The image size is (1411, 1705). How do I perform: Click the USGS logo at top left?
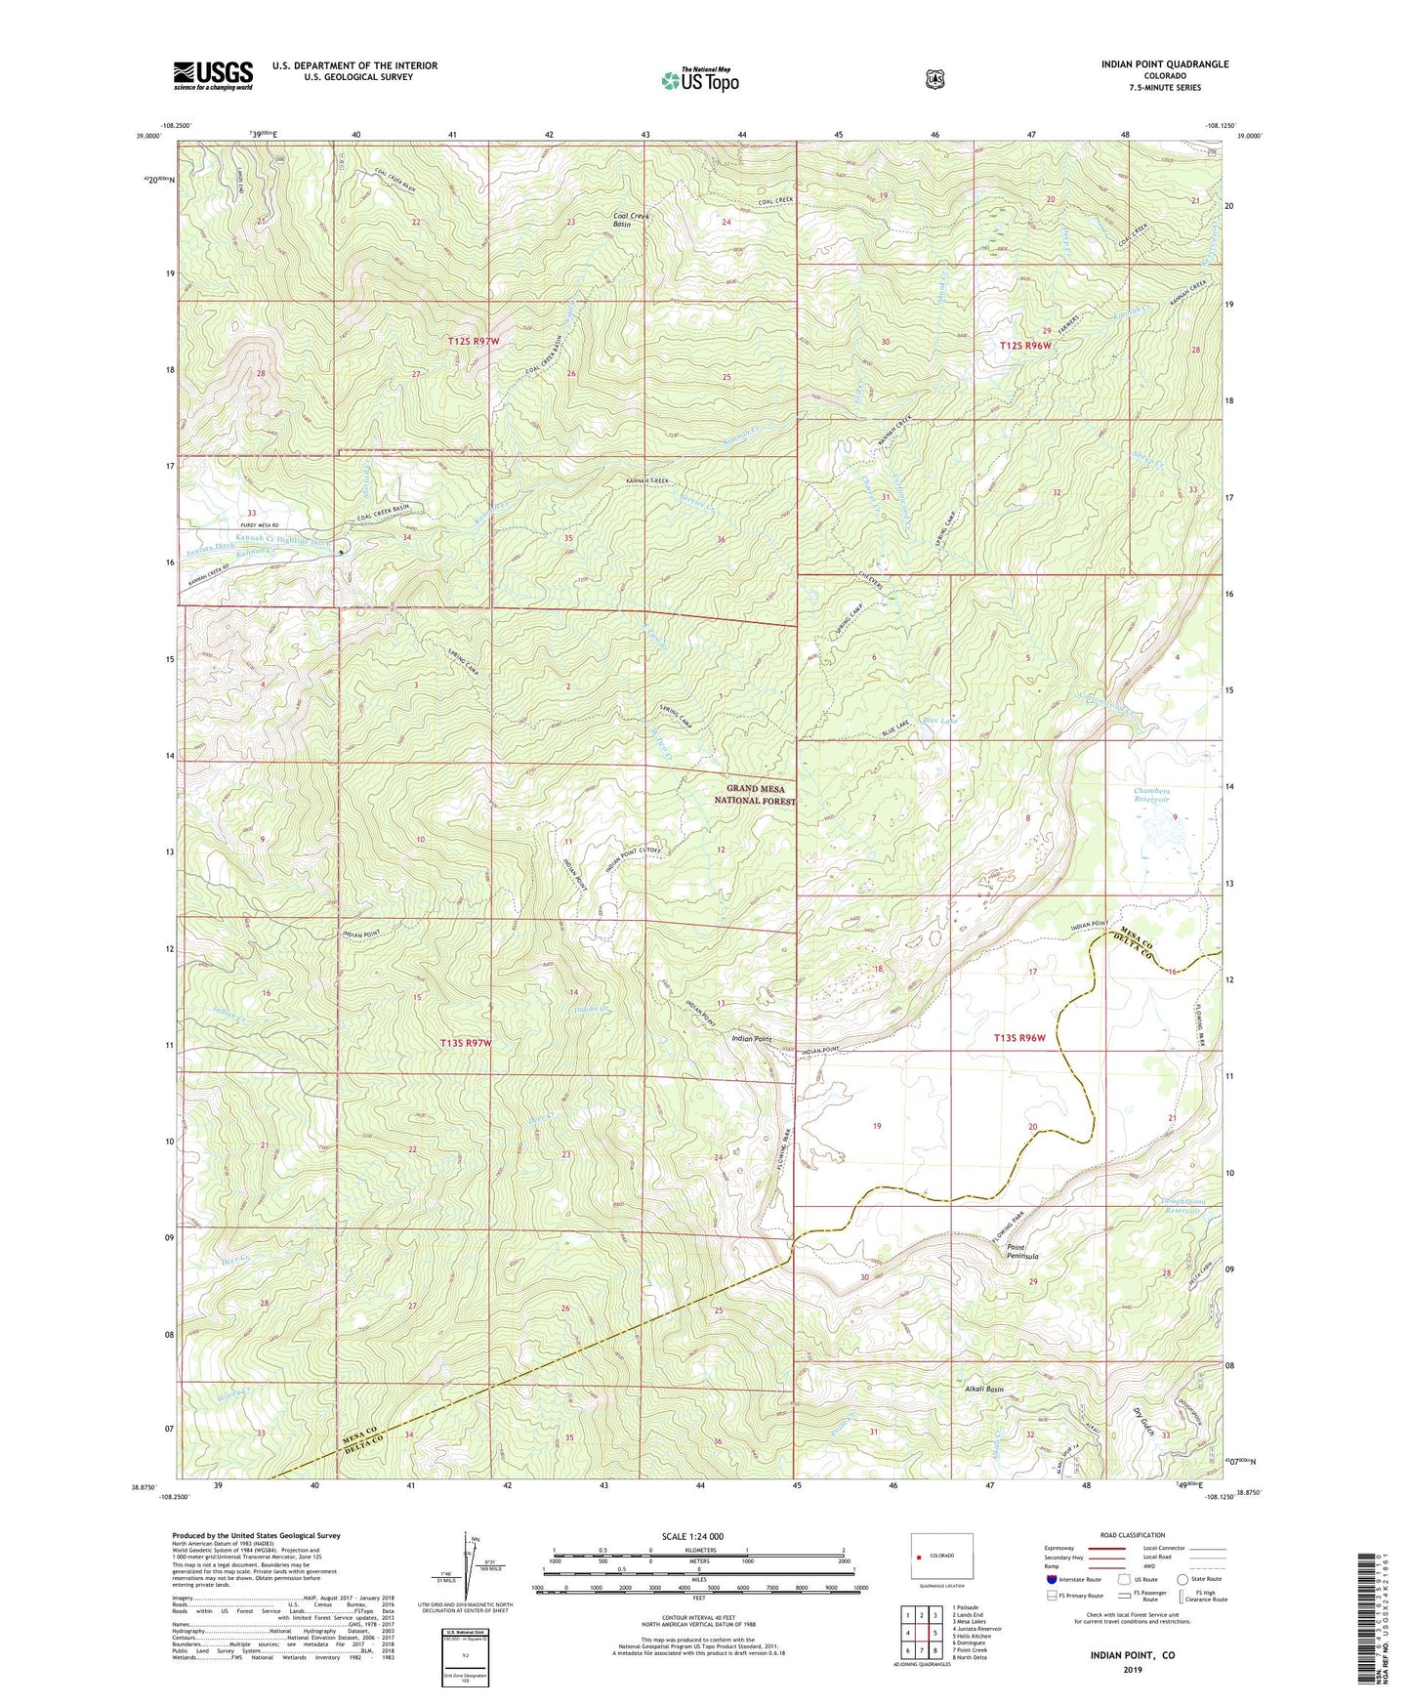click(x=213, y=75)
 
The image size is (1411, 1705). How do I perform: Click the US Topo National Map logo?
click(x=698, y=79)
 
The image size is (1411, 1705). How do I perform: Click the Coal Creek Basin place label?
click(x=636, y=220)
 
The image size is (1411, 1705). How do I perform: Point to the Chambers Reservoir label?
click(x=1151, y=795)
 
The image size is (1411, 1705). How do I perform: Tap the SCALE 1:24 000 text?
click(x=692, y=1536)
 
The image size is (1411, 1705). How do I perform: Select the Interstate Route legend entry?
click(x=1072, y=1579)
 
